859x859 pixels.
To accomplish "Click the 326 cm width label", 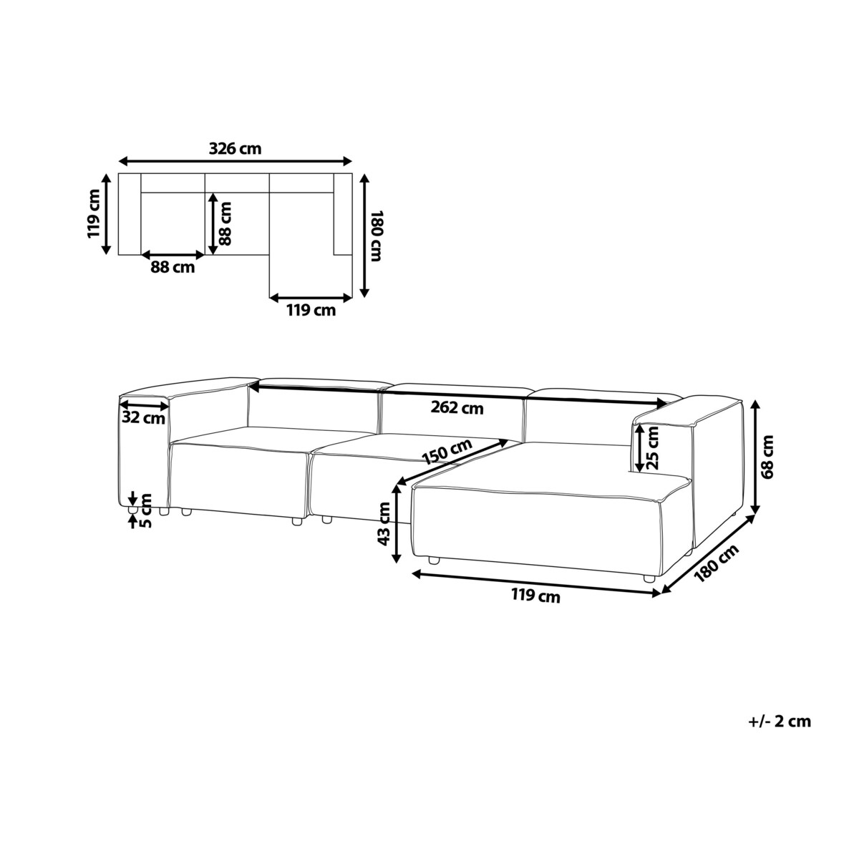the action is click(235, 148).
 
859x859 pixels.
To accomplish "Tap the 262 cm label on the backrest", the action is click(457, 407).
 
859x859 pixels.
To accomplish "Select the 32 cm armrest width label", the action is click(144, 418).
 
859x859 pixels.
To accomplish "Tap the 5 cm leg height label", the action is click(145, 510).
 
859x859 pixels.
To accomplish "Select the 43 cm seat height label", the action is click(384, 524).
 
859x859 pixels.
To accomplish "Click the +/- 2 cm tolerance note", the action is click(780, 733).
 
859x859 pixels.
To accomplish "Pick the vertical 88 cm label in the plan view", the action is click(225, 223).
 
